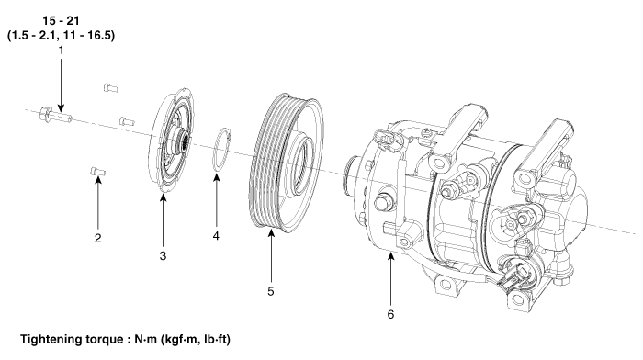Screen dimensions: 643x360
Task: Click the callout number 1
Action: click(x=62, y=51)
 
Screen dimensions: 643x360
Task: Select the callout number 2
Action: click(x=97, y=238)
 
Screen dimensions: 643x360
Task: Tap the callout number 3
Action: click(x=163, y=256)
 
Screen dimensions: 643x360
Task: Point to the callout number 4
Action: click(x=216, y=236)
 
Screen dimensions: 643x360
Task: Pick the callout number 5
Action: click(x=271, y=291)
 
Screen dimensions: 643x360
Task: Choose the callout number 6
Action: click(x=390, y=314)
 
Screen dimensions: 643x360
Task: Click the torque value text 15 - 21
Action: click(x=61, y=20)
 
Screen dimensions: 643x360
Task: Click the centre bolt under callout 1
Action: click(x=56, y=115)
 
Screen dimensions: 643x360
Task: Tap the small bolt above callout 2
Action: click(x=97, y=172)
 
